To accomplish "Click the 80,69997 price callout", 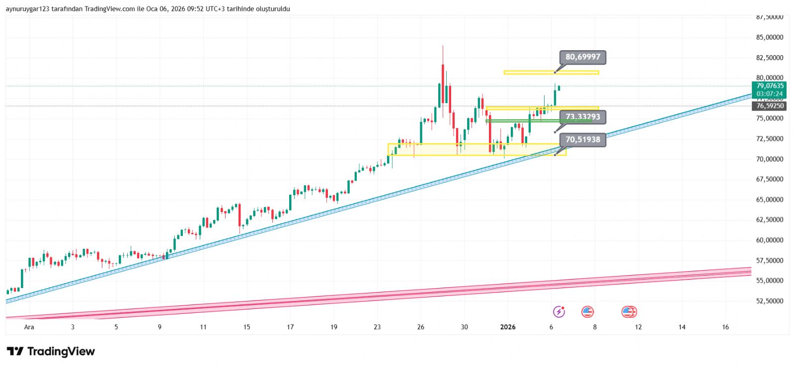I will [x=582, y=57].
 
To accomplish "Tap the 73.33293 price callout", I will [x=582, y=117].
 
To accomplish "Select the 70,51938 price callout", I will [x=582, y=140].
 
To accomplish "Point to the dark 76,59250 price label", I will [x=770, y=106].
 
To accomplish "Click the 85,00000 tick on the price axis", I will [x=769, y=37].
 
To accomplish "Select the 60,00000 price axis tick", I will [x=769, y=240].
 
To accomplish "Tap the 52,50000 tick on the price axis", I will [x=769, y=301].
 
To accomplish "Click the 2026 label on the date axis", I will [x=507, y=327].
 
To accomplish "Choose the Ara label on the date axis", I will [x=29, y=327].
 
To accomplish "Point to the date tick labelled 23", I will [x=377, y=327].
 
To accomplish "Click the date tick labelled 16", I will [x=725, y=327].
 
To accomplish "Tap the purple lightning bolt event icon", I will [x=559, y=312].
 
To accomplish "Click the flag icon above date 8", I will [x=588, y=312].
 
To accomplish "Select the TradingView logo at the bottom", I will [x=51, y=352].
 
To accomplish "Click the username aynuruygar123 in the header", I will [x=27, y=9].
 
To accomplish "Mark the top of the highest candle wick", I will [x=442, y=46].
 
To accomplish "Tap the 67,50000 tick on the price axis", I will [x=769, y=179].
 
